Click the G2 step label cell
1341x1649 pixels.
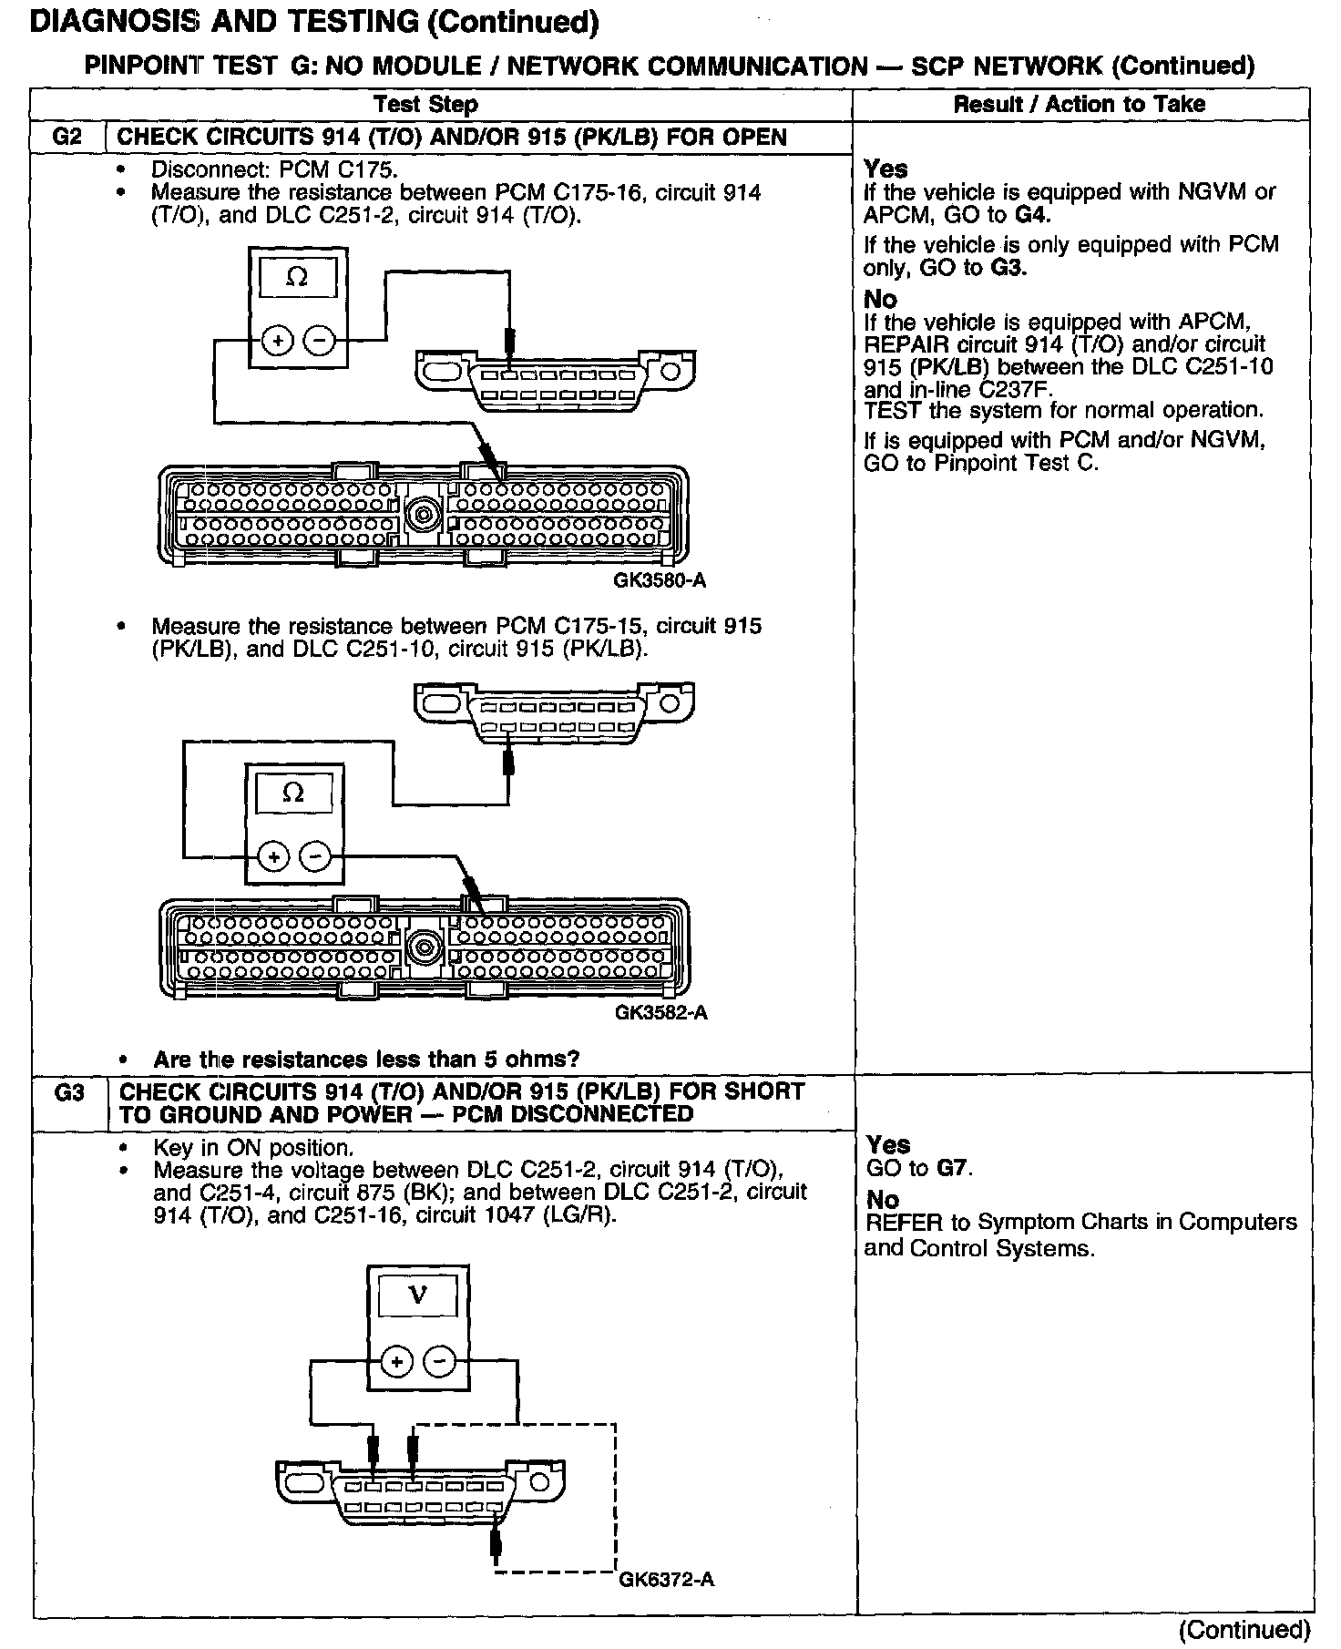67,138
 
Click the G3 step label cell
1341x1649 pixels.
69,1091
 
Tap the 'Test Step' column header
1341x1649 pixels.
426,105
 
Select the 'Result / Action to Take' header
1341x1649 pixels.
1080,105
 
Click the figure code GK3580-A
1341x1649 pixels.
660,580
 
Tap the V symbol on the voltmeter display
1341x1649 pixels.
417,1295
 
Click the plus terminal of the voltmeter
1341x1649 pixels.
395,1363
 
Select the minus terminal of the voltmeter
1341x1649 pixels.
440,1363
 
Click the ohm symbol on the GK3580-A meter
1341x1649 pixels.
297,278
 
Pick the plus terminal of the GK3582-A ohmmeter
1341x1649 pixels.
274,856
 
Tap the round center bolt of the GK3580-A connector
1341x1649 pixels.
424,516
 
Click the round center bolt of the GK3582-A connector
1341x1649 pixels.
424,947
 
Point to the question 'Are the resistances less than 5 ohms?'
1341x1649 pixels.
366,1060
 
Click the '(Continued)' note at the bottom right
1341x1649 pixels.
1244,1629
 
